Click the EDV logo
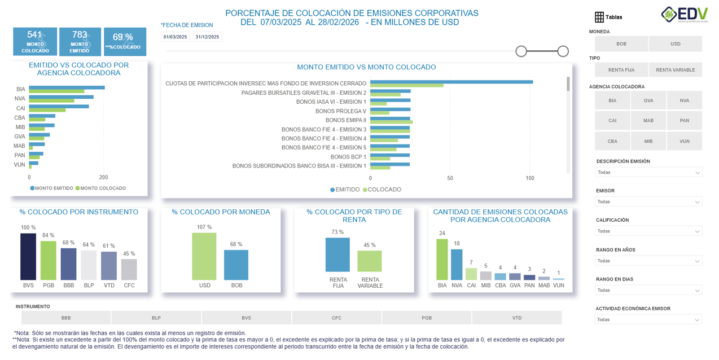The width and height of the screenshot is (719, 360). coord(684,15)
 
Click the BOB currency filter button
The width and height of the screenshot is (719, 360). coord(621,44)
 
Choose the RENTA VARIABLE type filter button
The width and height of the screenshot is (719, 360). coord(675,70)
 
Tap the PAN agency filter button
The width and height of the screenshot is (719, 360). coord(684,121)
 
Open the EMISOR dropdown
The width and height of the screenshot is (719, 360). coord(648,202)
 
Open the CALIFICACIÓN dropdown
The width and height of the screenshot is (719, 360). coord(648,231)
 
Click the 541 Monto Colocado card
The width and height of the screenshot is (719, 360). coord(35,42)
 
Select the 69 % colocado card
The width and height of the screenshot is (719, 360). coord(125,42)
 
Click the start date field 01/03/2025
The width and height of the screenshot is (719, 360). coord(175,37)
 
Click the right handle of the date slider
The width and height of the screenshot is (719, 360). coord(563,51)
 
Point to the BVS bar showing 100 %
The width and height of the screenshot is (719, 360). coord(28,257)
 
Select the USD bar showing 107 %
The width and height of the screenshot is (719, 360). coord(204,257)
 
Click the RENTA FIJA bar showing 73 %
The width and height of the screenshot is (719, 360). coord(337,255)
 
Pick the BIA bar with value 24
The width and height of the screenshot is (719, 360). coord(442,260)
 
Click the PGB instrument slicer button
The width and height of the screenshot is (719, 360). coord(427,318)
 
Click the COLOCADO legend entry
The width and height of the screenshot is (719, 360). coord(384,190)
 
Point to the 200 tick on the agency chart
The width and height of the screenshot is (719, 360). coord(104,177)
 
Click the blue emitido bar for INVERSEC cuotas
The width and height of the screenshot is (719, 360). coord(451,82)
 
